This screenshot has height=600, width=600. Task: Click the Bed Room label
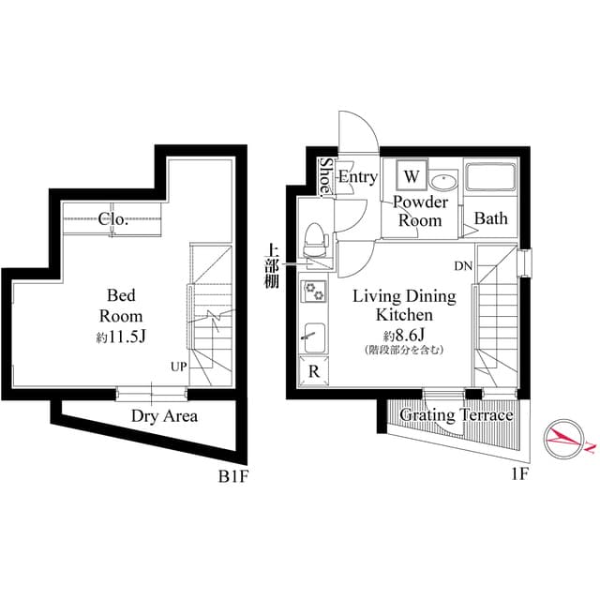[121, 306]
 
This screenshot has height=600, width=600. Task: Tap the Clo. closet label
[112, 220]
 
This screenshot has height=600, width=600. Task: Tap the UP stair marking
[179, 367]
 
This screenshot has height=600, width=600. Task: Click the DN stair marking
[463, 266]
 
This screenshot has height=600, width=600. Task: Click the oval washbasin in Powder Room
[445, 180]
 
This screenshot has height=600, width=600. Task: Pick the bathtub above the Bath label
[491, 179]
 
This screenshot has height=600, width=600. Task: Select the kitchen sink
[313, 334]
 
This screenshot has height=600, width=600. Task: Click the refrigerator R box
[312, 370]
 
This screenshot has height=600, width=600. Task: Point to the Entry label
[357, 177]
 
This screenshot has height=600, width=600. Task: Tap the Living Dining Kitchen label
[404, 306]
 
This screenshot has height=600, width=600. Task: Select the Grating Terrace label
[457, 415]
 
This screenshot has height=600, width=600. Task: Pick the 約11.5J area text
[120, 336]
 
